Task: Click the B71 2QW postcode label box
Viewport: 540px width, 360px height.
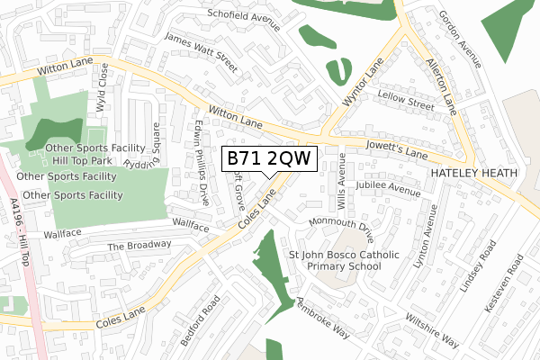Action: pos(270,158)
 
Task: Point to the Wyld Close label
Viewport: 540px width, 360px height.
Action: pos(103,86)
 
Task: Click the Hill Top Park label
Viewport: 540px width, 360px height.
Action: pos(82,160)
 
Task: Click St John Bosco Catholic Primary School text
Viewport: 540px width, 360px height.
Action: pos(343,261)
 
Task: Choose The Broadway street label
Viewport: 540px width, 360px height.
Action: pos(139,246)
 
